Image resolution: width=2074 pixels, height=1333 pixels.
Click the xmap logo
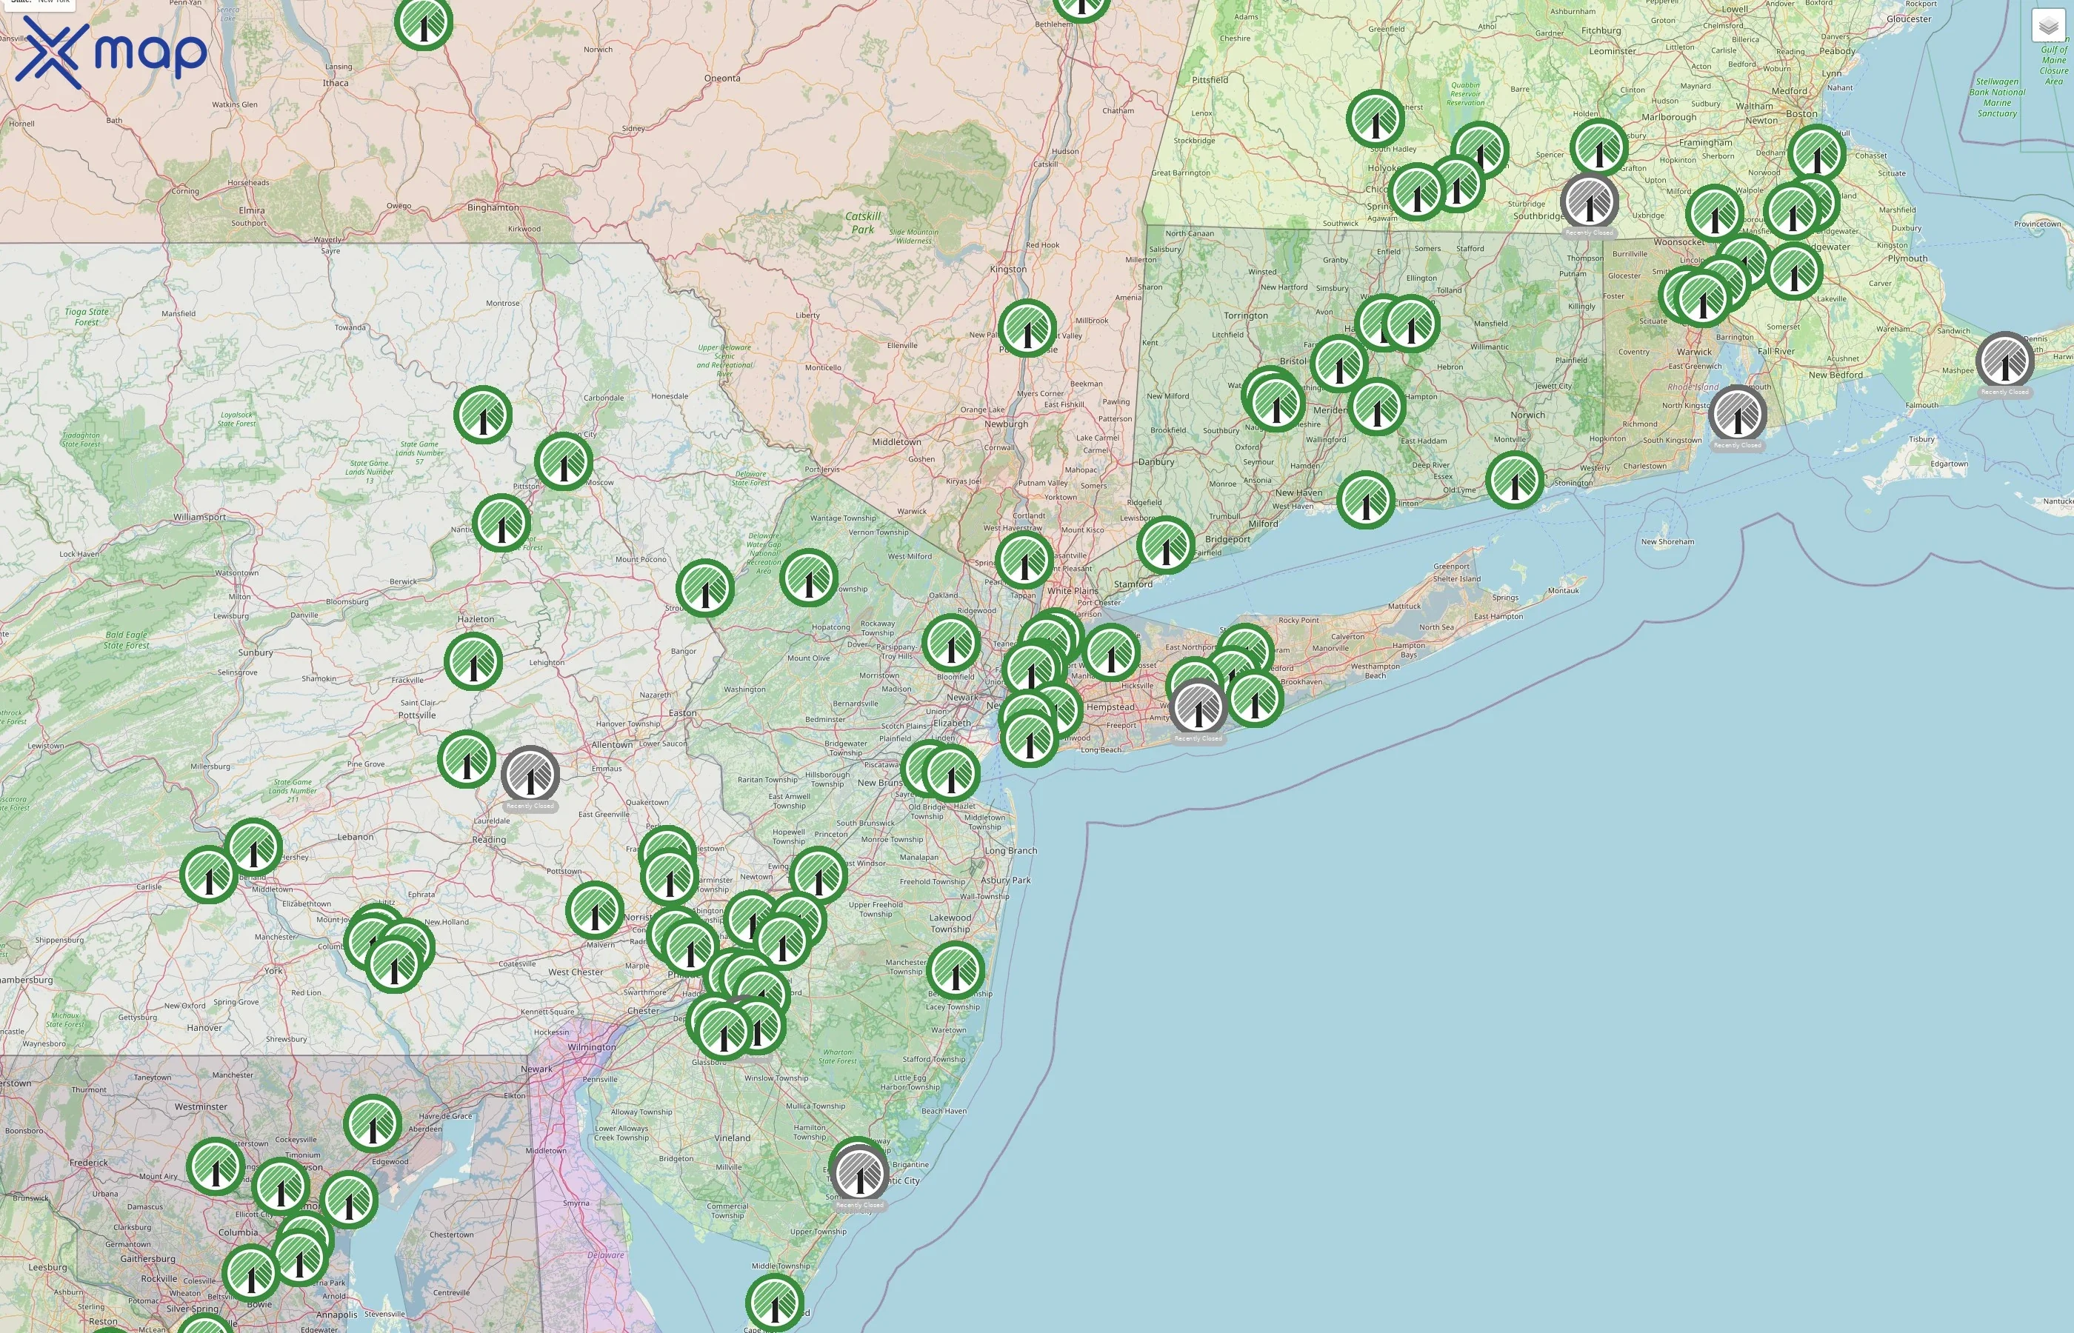click(111, 52)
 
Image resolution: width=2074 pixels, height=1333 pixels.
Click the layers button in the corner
click(2047, 26)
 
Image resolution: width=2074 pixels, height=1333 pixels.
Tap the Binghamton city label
click(493, 208)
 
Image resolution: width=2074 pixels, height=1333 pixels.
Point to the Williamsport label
click(199, 518)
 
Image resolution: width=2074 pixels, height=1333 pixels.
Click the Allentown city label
click(612, 745)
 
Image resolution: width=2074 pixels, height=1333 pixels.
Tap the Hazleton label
click(476, 620)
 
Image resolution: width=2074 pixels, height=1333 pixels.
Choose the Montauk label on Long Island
click(1564, 591)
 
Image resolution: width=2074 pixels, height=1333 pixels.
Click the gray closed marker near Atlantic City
click(859, 1173)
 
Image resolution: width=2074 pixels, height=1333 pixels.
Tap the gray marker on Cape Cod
click(2005, 361)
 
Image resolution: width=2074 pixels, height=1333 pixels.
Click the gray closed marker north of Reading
click(530, 775)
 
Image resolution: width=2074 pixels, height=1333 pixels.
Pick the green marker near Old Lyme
click(1515, 480)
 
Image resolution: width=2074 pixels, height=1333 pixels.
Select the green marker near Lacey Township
click(956, 971)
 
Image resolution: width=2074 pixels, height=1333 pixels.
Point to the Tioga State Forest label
click(87, 317)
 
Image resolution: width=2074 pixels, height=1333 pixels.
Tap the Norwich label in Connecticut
click(1528, 415)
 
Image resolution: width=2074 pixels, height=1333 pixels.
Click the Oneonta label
click(722, 78)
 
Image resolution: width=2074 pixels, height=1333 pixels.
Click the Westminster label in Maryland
click(201, 1107)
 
